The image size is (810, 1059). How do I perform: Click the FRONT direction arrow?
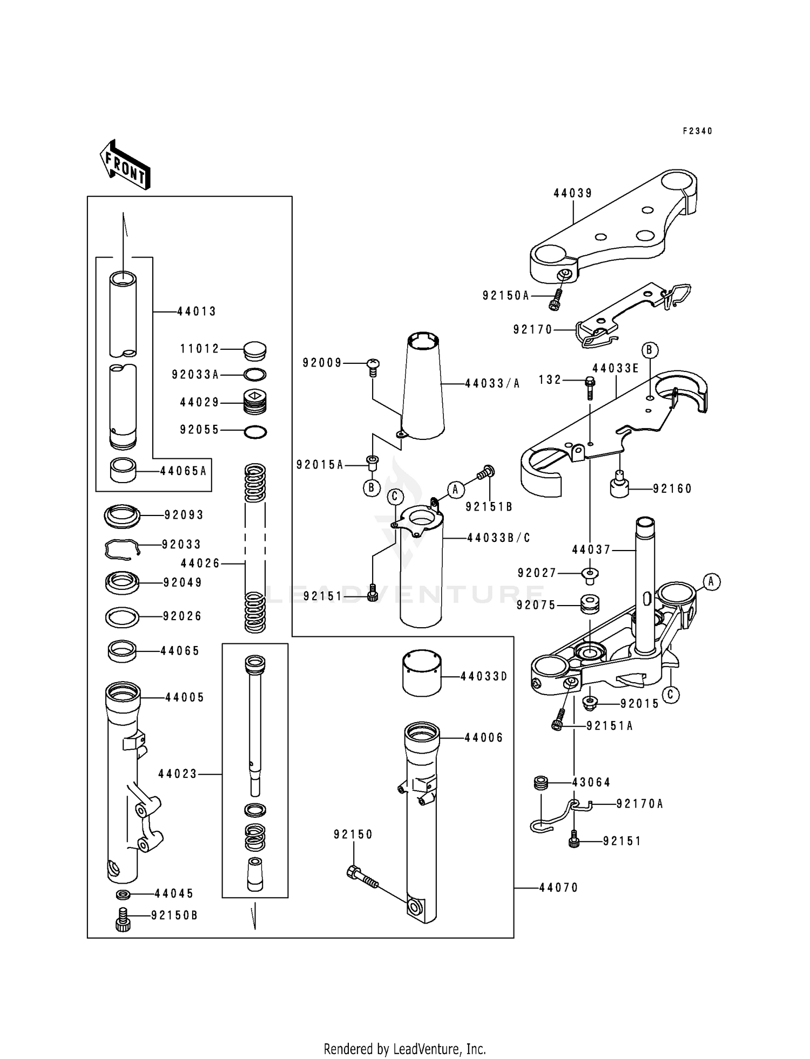click(125, 165)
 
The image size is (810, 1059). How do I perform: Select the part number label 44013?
click(197, 311)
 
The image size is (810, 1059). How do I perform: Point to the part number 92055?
click(200, 430)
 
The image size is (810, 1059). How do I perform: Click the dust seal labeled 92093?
click(122, 517)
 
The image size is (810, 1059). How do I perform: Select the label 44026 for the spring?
click(200, 564)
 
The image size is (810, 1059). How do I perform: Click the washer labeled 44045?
click(123, 895)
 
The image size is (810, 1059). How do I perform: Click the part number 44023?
click(178, 774)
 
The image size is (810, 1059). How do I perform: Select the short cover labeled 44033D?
click(422, 673)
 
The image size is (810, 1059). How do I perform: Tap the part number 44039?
click(573, 193)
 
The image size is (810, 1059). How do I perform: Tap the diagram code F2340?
click(697, 131)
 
